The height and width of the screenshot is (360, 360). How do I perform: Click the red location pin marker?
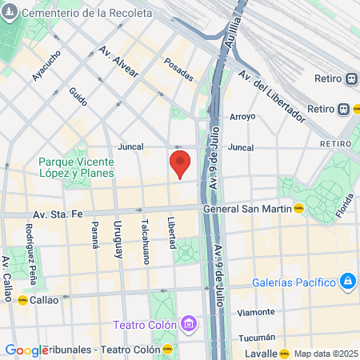(x=180, y=163)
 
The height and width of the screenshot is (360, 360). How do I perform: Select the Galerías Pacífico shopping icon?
(x=348, y=281)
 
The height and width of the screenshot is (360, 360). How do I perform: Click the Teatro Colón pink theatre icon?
(x=189, y=324)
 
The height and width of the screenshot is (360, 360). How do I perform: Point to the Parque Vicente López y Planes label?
(x=76, y=166)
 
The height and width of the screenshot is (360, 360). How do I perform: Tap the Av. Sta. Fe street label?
(x=58, y=214)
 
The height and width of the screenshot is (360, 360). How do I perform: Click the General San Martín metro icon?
(x=298, y=209)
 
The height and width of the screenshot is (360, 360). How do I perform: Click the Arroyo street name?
(x=242, y=117)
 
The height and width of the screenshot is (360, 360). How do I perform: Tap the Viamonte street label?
(x=257, y=312)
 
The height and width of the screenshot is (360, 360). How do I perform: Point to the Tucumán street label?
(x=258, y=337)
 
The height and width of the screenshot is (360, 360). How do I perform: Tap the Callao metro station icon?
(x=22, y=300)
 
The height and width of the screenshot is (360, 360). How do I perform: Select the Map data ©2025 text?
(x=325, y=354)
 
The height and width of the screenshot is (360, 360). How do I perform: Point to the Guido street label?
(x=78, y=98)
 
